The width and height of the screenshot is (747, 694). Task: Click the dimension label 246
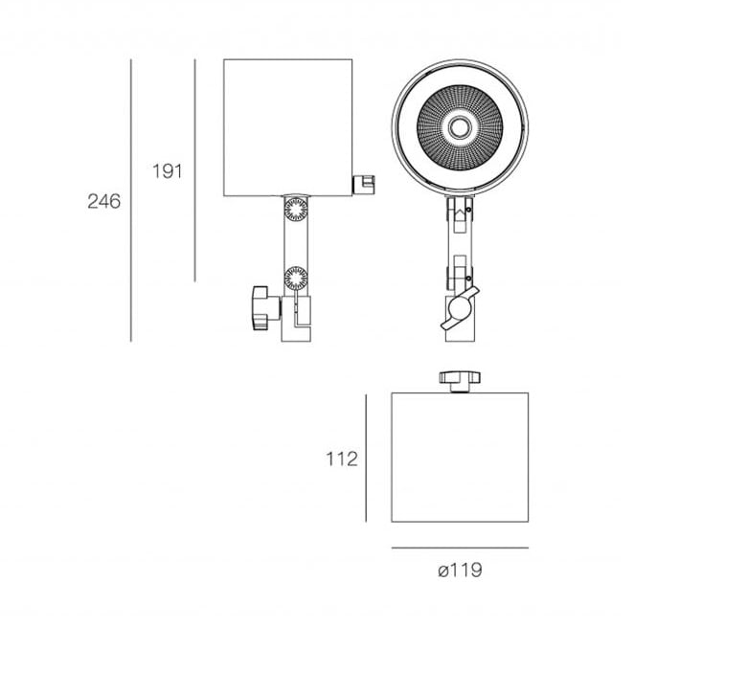[x=103, y=201]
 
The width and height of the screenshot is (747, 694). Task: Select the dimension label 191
[x=168, y=171]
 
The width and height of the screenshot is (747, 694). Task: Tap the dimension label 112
[x=342, y=459]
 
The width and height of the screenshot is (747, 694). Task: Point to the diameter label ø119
[x=460, y=570]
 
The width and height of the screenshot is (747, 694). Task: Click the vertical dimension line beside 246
[x=131, y=200]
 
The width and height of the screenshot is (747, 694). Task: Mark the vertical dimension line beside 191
[x=194, y=170]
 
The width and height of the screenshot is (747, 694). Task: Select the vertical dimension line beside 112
[x=366, y=458]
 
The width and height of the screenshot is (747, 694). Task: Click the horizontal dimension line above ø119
[x=460, y=548]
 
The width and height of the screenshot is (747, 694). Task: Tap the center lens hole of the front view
[x=460, y=127]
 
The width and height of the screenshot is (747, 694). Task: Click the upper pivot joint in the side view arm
[x=296, y=209]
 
